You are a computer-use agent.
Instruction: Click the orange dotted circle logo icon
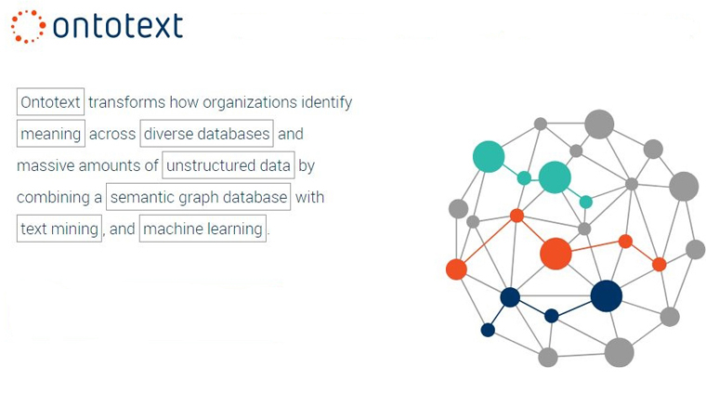tap(28, 27)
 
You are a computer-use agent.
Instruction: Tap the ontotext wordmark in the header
tap(118, 25)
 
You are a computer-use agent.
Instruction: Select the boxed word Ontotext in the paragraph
tap(50, 101)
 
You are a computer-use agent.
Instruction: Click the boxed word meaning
tap(51, 133)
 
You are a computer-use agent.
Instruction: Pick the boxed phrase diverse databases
tap(206, 133)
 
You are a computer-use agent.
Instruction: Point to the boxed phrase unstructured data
tap(229, 165)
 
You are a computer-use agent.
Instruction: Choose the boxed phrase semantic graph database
tap(199, 197)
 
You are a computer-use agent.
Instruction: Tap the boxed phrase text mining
tap(59, 229)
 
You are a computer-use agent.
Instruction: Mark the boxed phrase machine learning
tap(203, 229)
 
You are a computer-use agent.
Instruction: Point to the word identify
tap(327, 102)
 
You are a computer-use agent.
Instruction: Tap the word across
tap(112, 134)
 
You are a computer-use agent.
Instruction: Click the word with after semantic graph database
tap(309, 197)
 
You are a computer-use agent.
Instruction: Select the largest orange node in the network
tap(556, 254)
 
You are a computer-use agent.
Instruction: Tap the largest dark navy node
tap(607, 295)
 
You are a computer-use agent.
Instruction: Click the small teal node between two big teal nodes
tap(524, 178)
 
